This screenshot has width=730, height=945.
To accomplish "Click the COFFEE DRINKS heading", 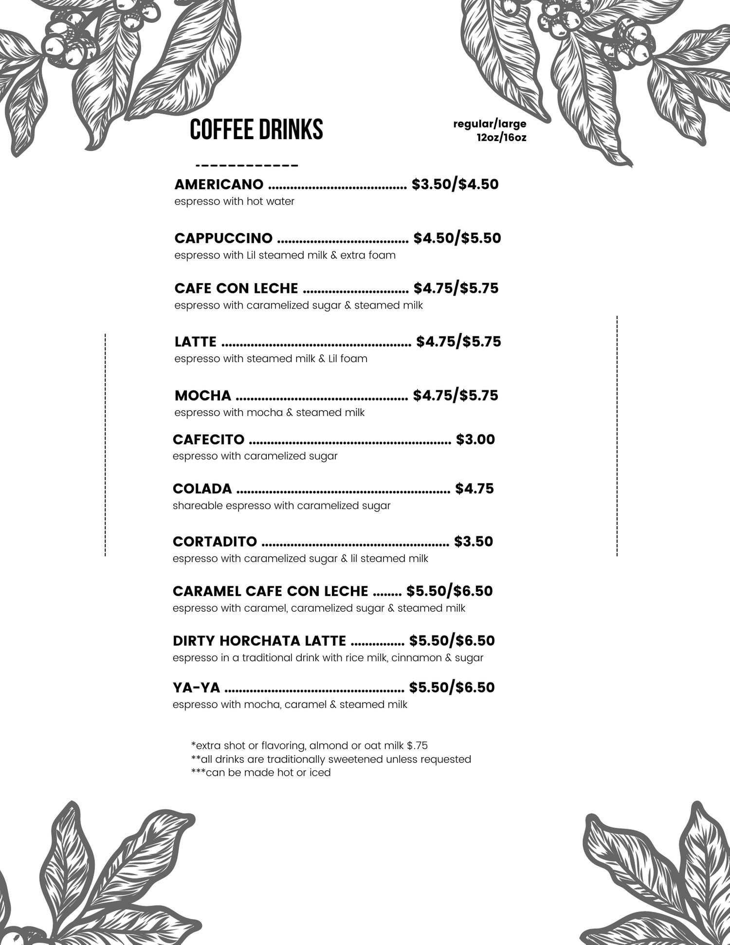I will [x=256, y=129].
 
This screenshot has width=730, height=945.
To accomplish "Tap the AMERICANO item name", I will [x=219, y=184].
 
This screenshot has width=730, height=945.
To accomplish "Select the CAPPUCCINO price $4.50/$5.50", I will [x=457, y=238].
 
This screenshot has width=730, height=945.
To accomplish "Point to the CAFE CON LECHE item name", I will [x=236, y=288].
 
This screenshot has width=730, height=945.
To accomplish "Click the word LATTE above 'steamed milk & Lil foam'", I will [x=195, y=342].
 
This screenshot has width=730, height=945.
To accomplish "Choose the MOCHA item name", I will [x=202, y=395].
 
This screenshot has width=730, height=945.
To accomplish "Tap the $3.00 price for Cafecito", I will [x=475, y=439].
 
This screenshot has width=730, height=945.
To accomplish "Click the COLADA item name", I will [x=202, y=489].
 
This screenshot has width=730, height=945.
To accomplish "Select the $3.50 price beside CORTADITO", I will [x=473, y=542].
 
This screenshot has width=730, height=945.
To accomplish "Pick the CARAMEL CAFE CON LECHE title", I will [x=270, y=591].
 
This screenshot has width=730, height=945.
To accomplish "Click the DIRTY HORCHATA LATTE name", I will [x=259, y=641].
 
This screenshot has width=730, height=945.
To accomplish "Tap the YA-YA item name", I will [x=196, y=688].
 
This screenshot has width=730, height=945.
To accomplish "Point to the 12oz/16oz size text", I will [x=501, y=138].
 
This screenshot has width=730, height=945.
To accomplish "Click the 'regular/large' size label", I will [x=489, y=124].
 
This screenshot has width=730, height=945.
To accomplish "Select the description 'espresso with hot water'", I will [x=234, y=201].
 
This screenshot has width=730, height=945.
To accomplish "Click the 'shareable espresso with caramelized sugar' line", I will [x=281, y=506].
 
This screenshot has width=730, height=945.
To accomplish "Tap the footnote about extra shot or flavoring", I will [x=310, y=745].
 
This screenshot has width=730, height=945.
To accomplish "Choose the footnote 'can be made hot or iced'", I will [x=261, y=773].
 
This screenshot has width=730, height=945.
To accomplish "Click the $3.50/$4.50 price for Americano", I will [x=455, y=184].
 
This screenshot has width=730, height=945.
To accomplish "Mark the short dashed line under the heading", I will [x=246, y=166].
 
